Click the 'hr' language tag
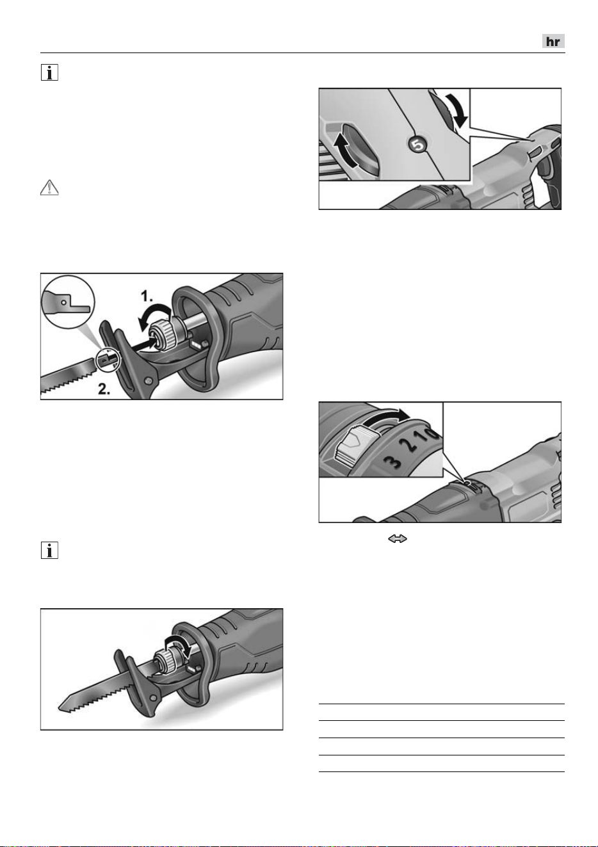point(553,41)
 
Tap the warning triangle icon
point(49,188)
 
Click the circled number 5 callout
point(417,145)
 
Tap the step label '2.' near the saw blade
point(104,389)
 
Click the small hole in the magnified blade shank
point(64,302)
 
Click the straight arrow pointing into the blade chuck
point(143,345)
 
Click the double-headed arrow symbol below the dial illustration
point(397,539)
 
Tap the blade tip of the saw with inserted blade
point(60,707)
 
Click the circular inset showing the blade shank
point(68,302)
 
